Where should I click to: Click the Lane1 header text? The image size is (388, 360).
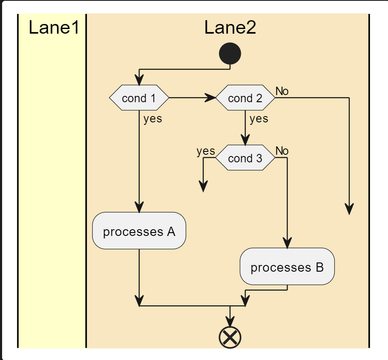pos(54,28)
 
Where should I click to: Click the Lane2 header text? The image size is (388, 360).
pos(230,28)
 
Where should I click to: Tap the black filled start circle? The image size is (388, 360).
pos(230,54)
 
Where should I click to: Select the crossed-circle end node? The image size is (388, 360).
pos(230,337)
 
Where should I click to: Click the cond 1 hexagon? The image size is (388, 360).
pos(139,98)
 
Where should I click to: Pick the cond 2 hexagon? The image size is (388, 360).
pos(245,98)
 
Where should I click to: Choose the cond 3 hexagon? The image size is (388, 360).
pos(245,158)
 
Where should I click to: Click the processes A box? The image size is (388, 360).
pos(139,231)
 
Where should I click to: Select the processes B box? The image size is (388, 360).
pos(287,267)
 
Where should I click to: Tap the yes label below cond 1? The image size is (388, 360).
pos(152,119)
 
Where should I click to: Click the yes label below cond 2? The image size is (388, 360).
pos(259,119)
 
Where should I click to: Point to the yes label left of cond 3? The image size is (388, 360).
pos(206,151)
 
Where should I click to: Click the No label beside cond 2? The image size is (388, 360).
pos(282,91)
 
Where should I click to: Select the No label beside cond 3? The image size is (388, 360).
pos(282,151)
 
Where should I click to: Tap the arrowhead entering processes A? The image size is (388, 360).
pos(139,208)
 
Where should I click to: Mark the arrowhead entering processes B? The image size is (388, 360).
pos(287,243)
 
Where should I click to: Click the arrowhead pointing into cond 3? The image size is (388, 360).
pos(245,140)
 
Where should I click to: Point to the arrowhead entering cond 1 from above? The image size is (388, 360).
pos(139,80)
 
